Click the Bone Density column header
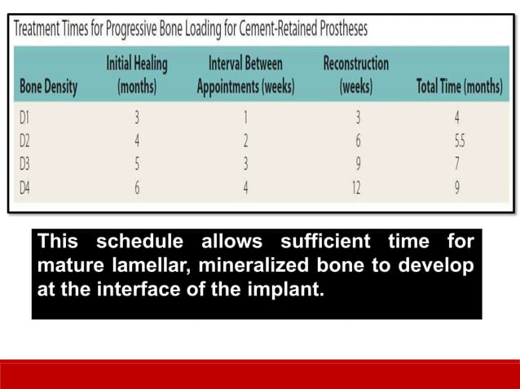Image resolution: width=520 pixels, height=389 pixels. (48, 88)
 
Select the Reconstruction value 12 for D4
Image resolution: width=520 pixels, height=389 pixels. (356, 187)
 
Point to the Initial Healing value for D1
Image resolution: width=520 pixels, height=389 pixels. (137, 118)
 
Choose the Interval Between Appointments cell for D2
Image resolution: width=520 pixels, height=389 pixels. (245, 141)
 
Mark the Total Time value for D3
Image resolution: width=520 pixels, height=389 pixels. (458, 164)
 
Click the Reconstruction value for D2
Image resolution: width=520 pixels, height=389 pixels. (357, 141)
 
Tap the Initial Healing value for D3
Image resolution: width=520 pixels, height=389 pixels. (137, 164)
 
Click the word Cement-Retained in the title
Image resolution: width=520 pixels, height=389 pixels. (264, 29)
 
